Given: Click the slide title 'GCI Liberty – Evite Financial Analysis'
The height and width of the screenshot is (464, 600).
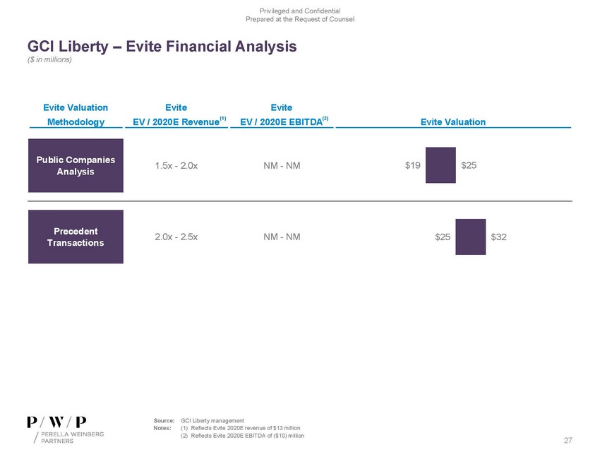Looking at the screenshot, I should [162, 47].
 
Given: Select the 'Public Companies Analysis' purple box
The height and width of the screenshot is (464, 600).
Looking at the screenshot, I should [76, 165].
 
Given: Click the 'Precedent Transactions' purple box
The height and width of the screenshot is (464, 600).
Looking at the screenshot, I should [76, 237].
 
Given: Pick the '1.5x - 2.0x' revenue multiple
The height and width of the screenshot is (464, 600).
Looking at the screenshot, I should [176, 166].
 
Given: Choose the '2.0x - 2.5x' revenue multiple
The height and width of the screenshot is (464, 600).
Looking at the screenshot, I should [176, 237].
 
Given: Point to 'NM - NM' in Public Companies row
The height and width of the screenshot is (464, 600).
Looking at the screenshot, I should [281, 166].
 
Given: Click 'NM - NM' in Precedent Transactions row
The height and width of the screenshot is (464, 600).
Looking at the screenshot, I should [281, 237].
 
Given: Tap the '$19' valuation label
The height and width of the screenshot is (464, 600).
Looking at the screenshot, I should [413, 166].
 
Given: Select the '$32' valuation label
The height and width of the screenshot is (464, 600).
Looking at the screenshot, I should [498, 237].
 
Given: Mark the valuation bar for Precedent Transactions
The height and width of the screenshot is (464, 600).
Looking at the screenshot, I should [470, 237].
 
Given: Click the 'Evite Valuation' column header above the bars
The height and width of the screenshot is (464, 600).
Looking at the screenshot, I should [452, 121].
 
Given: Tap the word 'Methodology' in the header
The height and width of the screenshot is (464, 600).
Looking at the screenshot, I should [76, 121].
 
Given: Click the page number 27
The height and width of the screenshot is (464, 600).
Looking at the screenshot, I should [568, 441].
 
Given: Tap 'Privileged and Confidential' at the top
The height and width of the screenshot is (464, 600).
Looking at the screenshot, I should [300, 9].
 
